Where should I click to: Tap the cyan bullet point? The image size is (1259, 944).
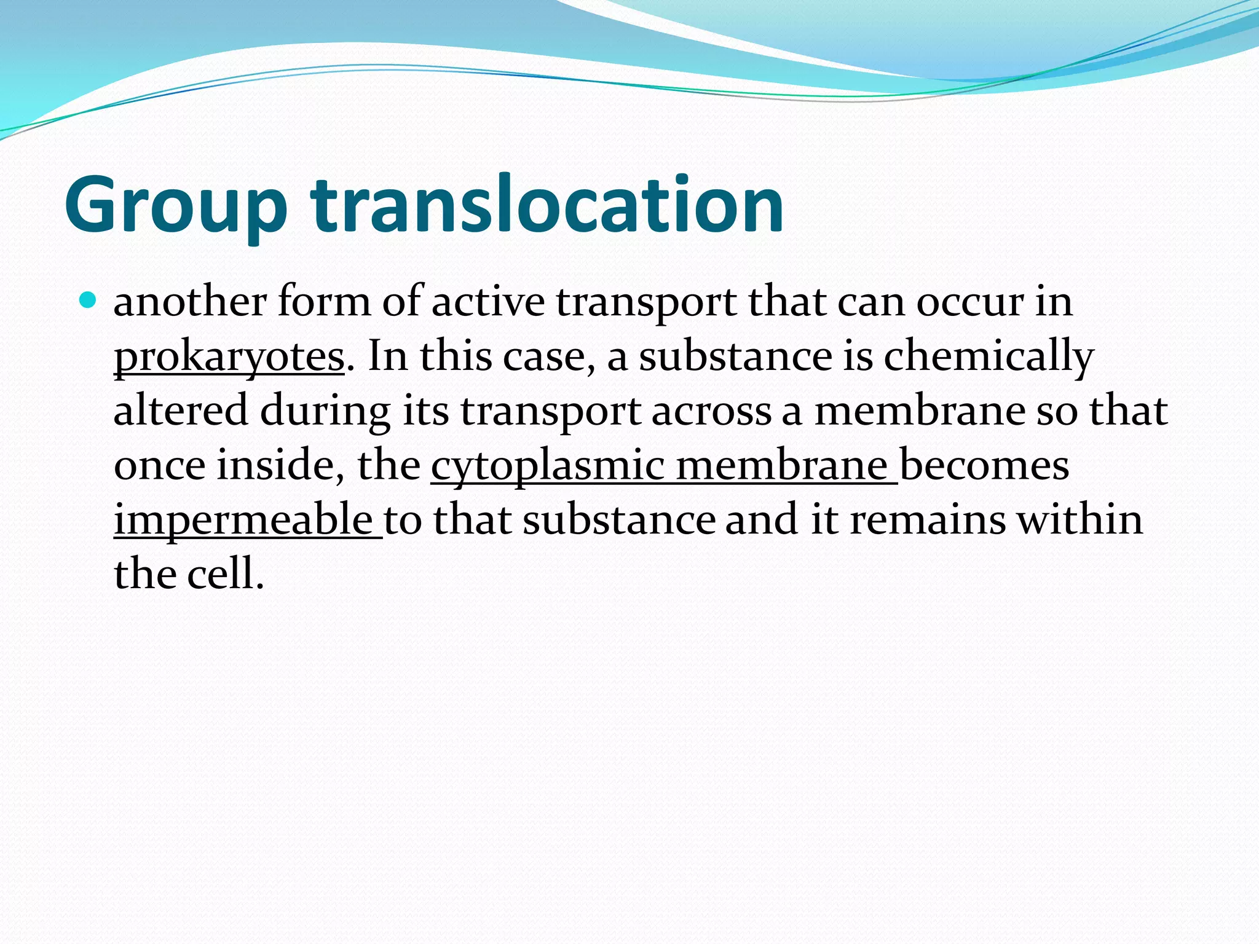click(x=89, y=301)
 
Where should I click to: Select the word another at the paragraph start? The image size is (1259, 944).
click(x=190, y=302)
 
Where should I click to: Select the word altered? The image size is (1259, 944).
click(x=181, y=411)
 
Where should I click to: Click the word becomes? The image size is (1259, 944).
click(x=984, y=465)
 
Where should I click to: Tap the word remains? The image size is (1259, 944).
click(x=928, y=520)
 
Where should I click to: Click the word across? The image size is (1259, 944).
click(x=711, y=411)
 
